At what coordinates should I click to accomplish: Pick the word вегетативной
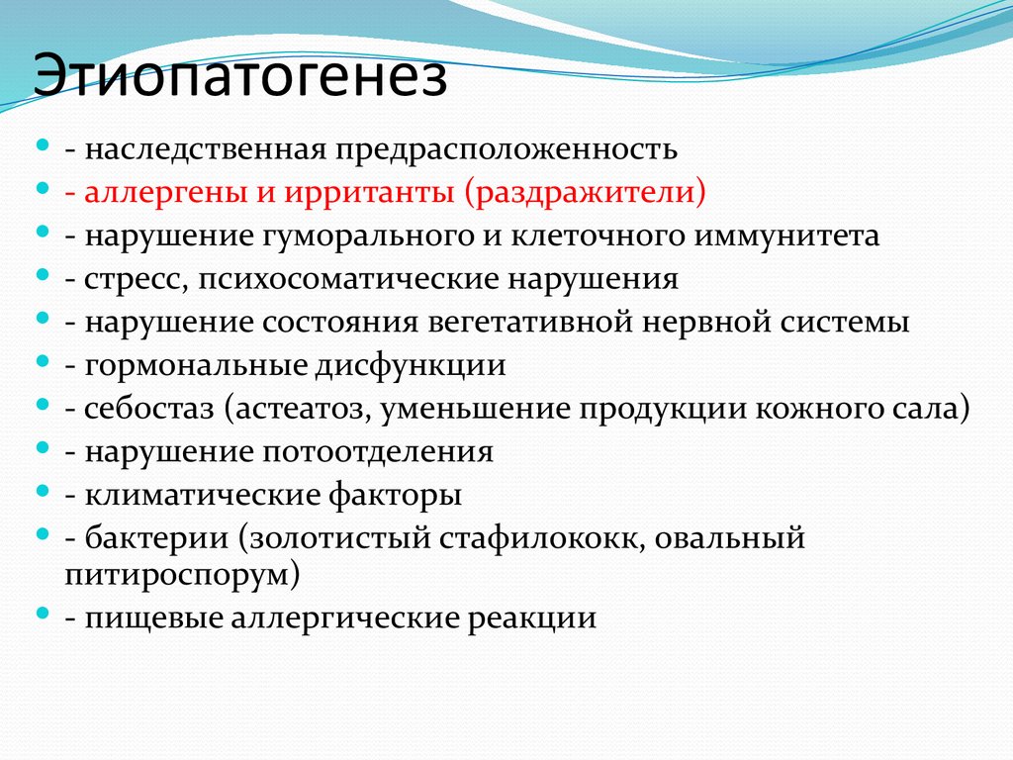[545, 324]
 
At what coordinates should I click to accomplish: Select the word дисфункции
[411, 366]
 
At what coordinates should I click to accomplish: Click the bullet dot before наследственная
[43, 146]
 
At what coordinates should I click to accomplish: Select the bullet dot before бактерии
[43, 535]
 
